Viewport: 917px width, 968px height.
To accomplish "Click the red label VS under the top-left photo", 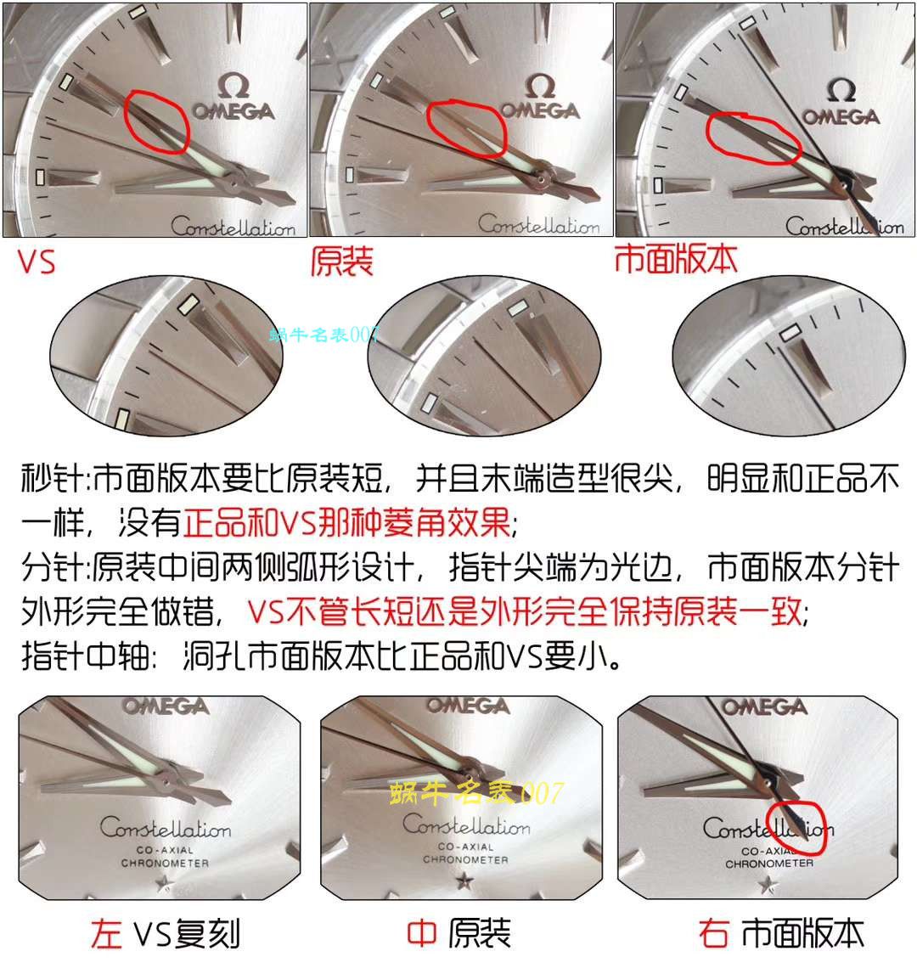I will pos(37,261).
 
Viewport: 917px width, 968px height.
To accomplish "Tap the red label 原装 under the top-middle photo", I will pos(341,261).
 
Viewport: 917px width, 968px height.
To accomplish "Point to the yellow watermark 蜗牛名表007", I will pos(475,793).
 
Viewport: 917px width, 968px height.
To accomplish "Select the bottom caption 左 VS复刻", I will pos(166,934).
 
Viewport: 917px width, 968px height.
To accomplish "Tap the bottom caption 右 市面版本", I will pos(781,933).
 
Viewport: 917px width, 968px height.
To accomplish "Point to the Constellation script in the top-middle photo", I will pos(538,225).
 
